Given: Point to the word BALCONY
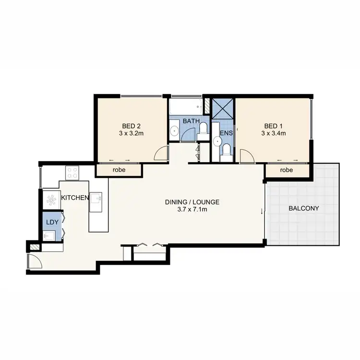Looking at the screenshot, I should pos(303,208).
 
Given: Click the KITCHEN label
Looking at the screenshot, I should pos(74,198).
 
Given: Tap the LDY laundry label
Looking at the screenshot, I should pos(51,222).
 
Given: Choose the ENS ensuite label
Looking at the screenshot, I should pos(226,132).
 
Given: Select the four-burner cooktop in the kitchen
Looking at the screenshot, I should pos(72,172).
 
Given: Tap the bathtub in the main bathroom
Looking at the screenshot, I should pos(185,106).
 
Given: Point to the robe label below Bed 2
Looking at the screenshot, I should pos(119,170).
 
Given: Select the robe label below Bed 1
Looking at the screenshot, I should pos(286,170).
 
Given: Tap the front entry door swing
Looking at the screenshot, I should pos(35,262).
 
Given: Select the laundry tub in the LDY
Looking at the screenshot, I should pos(49,236).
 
